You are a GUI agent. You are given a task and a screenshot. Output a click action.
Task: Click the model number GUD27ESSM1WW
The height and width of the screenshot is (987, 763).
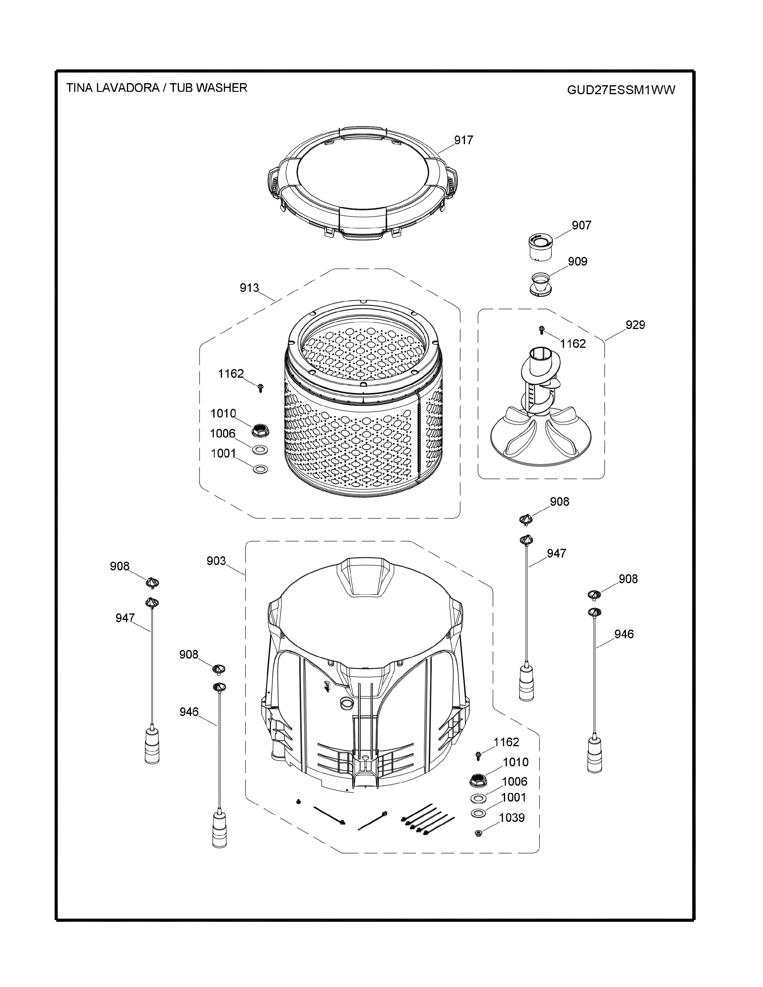pyautogui.click(x=621, y=90)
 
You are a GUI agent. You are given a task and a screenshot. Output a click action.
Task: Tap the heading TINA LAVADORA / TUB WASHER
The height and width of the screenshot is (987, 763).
pyautogui.click(x=157, y=88)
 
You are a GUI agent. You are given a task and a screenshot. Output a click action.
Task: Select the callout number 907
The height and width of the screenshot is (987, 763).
pyautogui.click(x=581, y=225)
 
